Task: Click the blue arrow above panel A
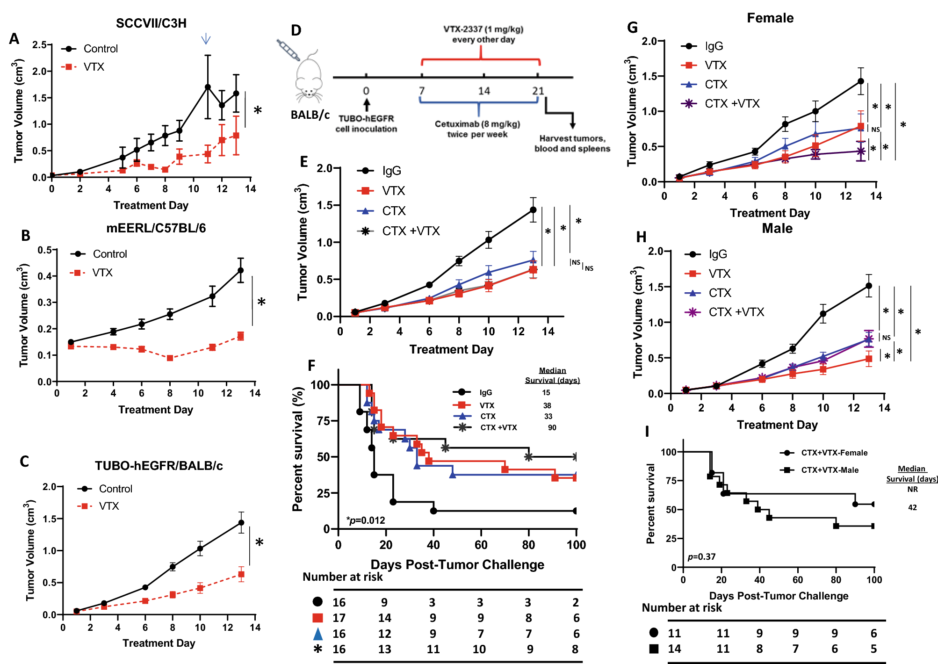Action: pyautogui.click(x=206, y=39)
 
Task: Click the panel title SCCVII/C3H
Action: pyautogui.click(x=151, y=23)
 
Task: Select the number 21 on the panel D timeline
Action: pyautogui.click(x=538, y=91)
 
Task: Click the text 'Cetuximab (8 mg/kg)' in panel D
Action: pyautogui.click(x=477, y=124)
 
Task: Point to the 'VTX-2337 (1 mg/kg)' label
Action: pyautogui.click(x=483, y=29)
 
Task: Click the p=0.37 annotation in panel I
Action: pyautogui.click(x=701, y=556)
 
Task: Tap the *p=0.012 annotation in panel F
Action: pyautogui.click(x=366, y=520)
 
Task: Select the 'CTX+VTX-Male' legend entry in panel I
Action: pyautogui.click(x=830, y=470)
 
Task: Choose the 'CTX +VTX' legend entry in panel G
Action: pyautogui.click(x=732, y=103)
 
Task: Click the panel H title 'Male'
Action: pyautogui.click(x=777, y=228)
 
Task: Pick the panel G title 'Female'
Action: pyautogui.click(x=770, y=18)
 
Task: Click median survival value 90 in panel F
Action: pyautogui.click(x=552, y=427)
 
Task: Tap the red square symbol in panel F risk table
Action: pyautogui.click(x=317, y=618)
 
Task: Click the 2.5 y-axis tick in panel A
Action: pyautogui.click(x=39, y=45)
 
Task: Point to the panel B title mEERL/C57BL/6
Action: pyautogui.click(x=156, y=228)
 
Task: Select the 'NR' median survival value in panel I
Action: pyautogui.click(x=912, y=489)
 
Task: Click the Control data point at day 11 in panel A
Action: pyautogui.click(x=208, y=87)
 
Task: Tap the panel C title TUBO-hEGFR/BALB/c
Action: pyautogui.click(x=159, y=466)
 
